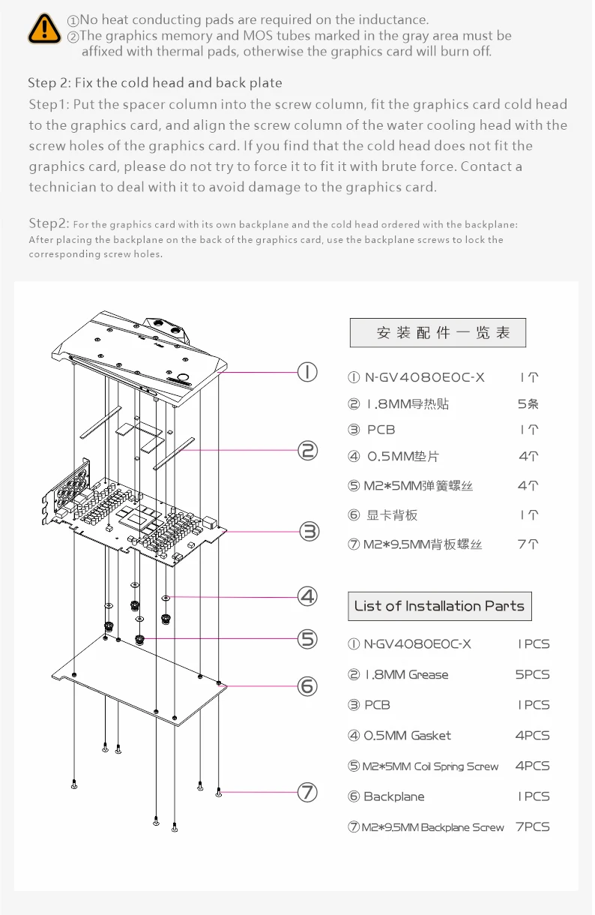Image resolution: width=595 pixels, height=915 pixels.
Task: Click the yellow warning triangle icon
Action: [x=45, y=28]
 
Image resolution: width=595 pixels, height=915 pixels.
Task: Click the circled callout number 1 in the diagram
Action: [x=308, y=372]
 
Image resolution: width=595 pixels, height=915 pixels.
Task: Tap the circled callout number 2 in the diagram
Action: [x=308, y=451]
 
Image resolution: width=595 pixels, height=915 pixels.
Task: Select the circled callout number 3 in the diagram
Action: [x=309, y=532]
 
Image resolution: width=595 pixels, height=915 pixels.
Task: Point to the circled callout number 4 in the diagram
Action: [x=308, y=597]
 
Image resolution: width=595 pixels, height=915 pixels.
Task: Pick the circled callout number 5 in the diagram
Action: [x=308, y=639]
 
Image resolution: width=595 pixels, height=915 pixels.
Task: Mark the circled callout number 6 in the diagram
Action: [x=308, y=686]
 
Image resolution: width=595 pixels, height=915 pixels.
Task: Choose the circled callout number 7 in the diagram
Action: [x=308, y=792]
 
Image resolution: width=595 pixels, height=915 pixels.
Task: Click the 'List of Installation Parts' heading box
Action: [x=439, y=606]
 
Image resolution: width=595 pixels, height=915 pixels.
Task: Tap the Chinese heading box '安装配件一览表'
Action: [x=438, y=332]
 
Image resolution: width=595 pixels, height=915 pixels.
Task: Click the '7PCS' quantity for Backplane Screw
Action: [x=532, y=826]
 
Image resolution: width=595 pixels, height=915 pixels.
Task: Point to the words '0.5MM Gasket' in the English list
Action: [x=408, y=736]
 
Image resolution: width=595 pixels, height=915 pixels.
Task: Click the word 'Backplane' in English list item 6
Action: [x=394, y=796]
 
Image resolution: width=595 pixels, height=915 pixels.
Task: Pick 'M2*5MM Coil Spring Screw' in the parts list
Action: [x=430, y=766]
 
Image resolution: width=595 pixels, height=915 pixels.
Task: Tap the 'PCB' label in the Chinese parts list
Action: [x=381, y=430]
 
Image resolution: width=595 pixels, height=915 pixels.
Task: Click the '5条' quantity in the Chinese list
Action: [x=528, y=403]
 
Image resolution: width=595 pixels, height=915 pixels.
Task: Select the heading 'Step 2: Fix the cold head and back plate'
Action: [x=155, y=82]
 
